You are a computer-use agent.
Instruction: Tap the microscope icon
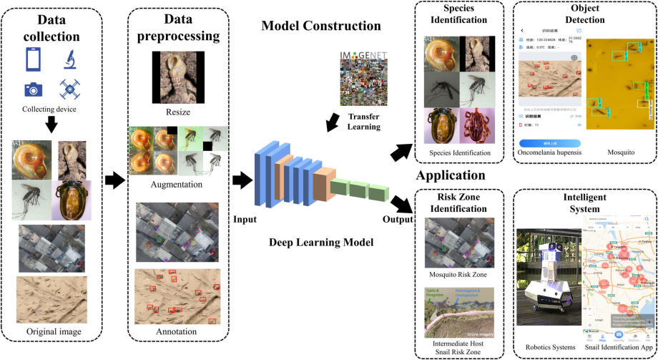pos(71,58)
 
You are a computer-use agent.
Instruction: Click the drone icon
pos(70,89)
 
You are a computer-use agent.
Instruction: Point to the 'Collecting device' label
pos(50,109)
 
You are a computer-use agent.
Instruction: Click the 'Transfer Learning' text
pos(365,122)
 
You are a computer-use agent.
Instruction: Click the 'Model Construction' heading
pos(321,26)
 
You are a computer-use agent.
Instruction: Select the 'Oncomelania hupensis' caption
pos(549,152)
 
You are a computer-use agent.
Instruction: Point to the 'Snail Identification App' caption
pos(619,346)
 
